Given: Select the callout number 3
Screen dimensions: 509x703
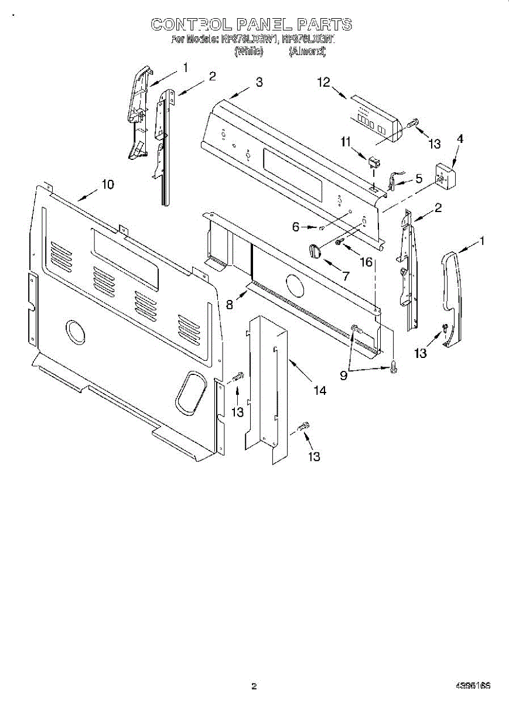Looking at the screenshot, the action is click(259, 83).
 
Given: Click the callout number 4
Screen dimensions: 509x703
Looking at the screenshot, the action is click(460, 139).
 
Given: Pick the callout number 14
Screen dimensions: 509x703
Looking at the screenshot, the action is click(320, 389).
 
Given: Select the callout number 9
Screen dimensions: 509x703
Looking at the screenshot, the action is click(344, 376).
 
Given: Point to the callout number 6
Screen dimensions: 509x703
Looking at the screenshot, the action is click(296, 226).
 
